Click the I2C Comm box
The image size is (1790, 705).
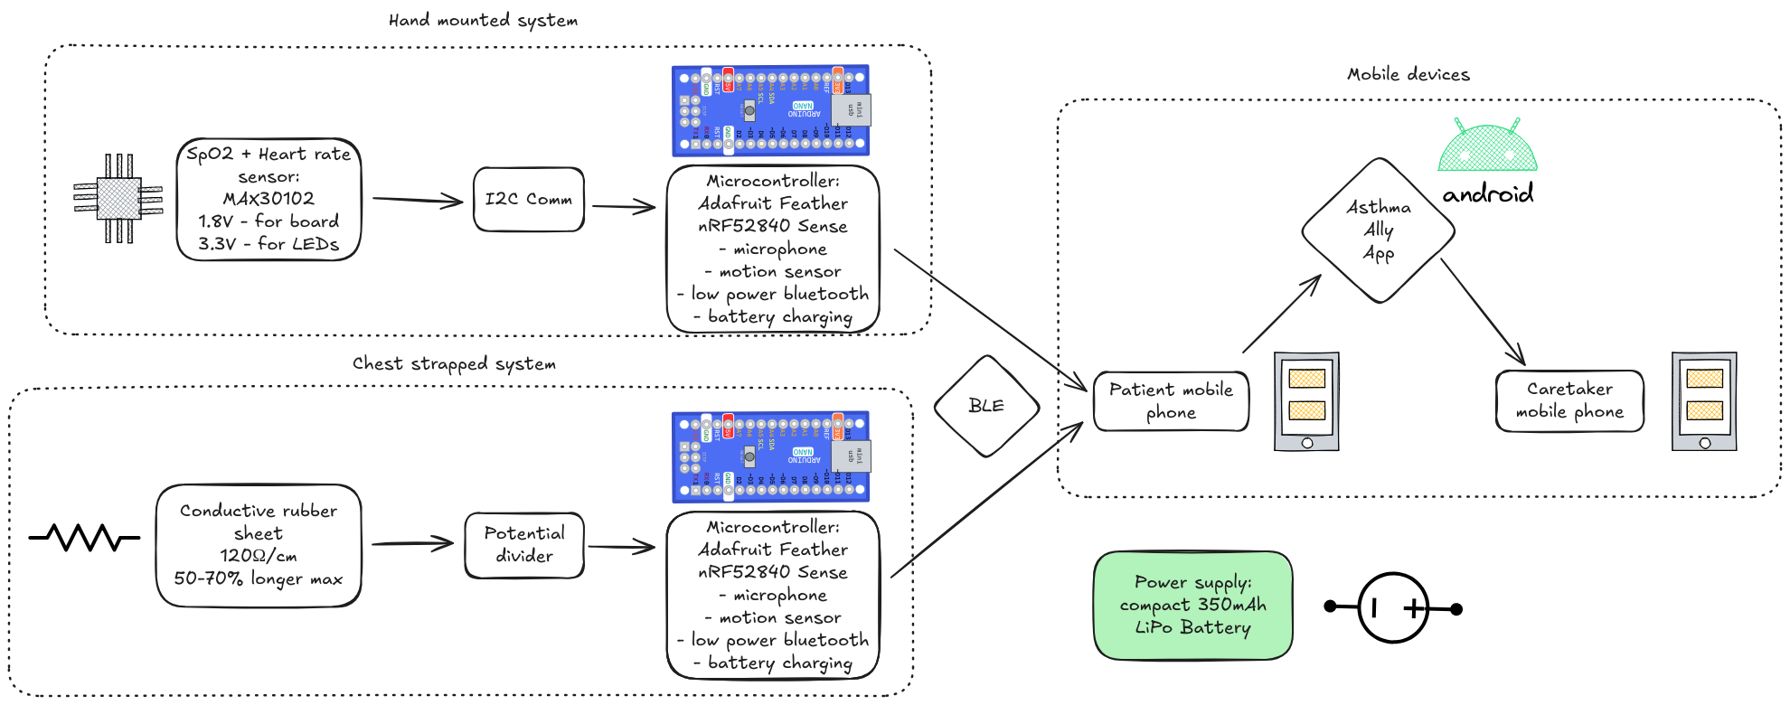529,199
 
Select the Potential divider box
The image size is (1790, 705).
524,545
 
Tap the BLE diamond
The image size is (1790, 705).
986,406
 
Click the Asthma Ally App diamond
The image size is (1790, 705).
1378,230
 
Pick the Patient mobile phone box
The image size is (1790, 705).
1171,401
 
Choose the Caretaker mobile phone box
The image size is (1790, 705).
1569,400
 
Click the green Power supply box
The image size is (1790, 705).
1192,605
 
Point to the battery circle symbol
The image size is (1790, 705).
1393,608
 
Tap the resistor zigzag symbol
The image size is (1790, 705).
85,538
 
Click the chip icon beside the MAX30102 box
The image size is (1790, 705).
118,199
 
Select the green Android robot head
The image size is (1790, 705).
1487,146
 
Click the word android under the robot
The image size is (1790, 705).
1488,193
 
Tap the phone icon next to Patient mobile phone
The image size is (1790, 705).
1306,401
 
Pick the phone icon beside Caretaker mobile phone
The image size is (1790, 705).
1704,401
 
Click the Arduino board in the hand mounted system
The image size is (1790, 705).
771,110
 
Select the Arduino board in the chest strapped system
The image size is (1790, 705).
771,456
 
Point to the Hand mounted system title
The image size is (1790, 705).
483,20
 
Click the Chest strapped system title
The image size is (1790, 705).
454,363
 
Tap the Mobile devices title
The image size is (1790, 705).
1408,74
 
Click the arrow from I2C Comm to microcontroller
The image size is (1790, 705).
624,207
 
